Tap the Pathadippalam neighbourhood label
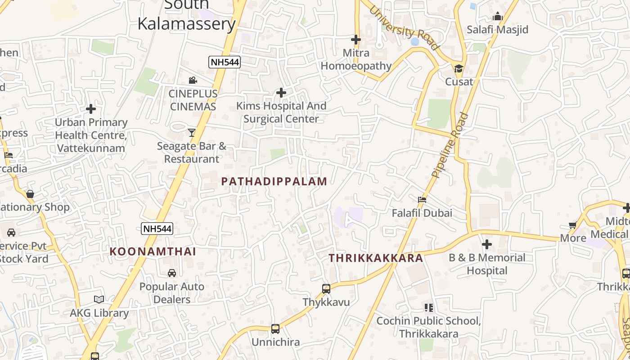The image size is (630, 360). pos(274,181)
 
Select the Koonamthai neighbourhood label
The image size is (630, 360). pos(153,252)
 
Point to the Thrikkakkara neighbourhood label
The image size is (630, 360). pos(376,258)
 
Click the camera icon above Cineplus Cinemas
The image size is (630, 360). pos(193,80)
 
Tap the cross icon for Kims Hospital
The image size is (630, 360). pos(281,93)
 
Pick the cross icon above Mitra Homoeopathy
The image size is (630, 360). pos(356,40)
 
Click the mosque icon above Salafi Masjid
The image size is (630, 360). pos(497,17)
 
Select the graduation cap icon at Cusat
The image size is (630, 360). pos(459,69)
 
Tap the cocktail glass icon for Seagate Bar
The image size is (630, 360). pos(192,132)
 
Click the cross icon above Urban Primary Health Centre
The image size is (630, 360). pos(91,109)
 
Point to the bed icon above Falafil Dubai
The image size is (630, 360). pos(422,199)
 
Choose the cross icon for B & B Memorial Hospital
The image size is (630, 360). pos(487,244)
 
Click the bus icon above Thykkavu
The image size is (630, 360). pos(326,289)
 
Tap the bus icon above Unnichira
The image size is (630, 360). pos(275,329)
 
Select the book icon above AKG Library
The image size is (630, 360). pos(99,299)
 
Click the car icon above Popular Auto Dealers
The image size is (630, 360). pos(172,273)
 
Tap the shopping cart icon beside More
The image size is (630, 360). pos(572,225)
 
